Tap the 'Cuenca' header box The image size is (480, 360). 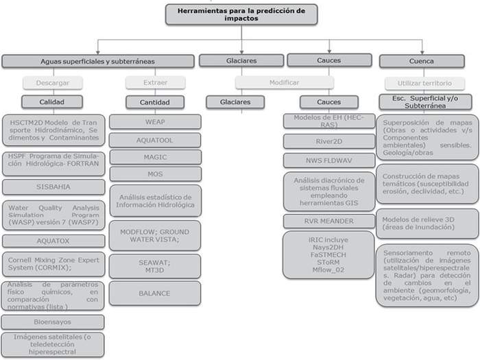421,61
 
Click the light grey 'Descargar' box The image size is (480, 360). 53,83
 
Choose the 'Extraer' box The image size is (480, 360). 155,83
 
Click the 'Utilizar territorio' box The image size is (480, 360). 421,83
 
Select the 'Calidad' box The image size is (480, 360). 53,102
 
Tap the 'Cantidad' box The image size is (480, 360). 155,102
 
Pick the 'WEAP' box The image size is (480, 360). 155,121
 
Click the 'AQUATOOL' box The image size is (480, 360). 155,139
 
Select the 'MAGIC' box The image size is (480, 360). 155,156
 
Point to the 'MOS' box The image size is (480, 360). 155,173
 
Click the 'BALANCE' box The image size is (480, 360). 155,293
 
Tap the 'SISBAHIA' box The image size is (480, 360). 53,187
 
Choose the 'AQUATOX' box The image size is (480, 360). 53,241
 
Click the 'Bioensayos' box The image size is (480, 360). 53,321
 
